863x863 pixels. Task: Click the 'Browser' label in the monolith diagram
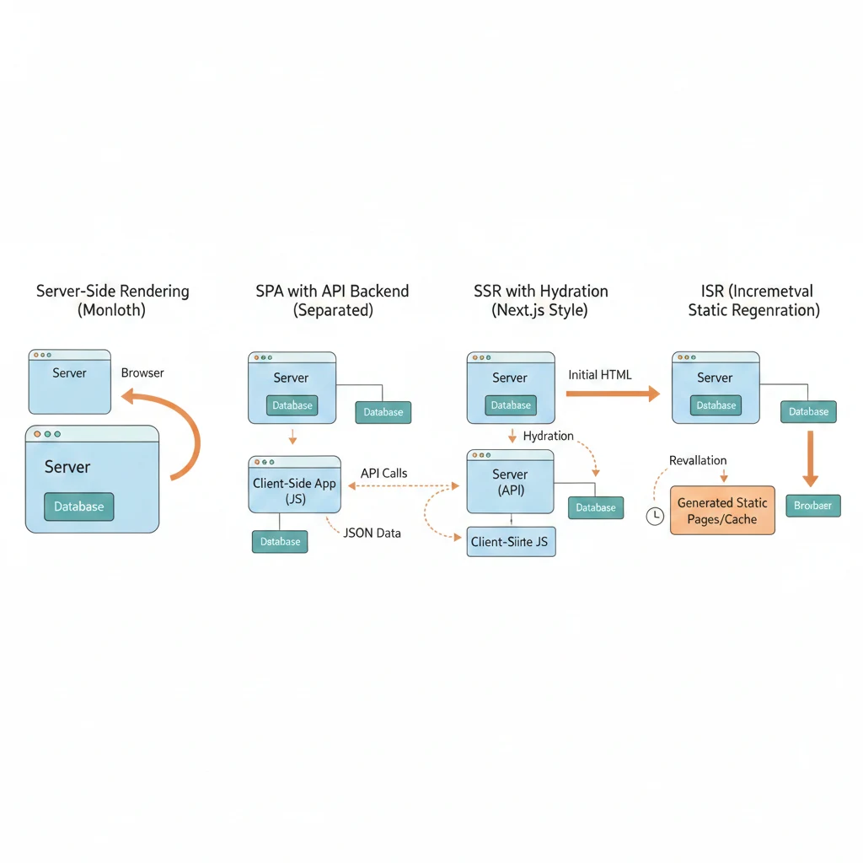pos(142,373)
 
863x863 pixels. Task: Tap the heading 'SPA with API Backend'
pos(332,292)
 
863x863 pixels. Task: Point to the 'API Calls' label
pos(383,473)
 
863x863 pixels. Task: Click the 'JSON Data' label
pos(373,533)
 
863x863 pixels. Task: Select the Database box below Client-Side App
pos(280,542)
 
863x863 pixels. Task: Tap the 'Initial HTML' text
pos(600,374)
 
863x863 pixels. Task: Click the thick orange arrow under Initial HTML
pos(612,393)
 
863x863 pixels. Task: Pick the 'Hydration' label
pos(548,436)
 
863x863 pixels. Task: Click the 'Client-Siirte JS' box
pos(511,542)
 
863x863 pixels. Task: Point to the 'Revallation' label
pos(698,460)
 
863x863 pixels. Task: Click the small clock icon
pos(654,517)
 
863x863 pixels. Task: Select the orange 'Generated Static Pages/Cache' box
pos(722,511)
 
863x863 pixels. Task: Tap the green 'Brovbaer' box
pos(812,506)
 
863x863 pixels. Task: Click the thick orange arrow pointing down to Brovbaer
pos(810,459)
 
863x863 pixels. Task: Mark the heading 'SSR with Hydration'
pos(541,292)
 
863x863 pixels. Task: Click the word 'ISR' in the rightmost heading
pos(712,292)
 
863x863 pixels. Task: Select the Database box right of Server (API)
pos(596,507)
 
